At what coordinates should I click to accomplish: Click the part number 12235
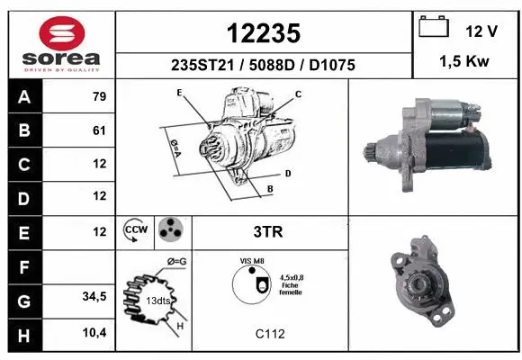pyautogui.click(x=263, y=34)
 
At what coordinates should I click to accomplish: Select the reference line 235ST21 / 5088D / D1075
pyautogui.click(x=263, y=66)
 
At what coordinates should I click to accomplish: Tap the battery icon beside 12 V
pyautogui.click(x=435, y=28)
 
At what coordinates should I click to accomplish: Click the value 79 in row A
pyautogui.click(x=99, y=97)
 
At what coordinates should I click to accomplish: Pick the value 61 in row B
pyautogui.click(x=99, y=130)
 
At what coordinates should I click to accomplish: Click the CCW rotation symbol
pyautogui.click(x=135, y=230)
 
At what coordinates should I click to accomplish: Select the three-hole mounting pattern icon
pyautogui.click(x=169, y=230)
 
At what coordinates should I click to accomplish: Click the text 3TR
pyautogui.click(x=269, y=231)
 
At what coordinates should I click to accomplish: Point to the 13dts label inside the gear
pyautogui.click(x=157, y=301)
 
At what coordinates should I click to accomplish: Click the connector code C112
pyautogui.click(x=269, y=334)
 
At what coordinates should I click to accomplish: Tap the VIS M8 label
pyautogui.click(x=252, y=261)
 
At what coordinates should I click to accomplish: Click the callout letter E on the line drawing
pyautogui.click(x=179, y=93)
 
